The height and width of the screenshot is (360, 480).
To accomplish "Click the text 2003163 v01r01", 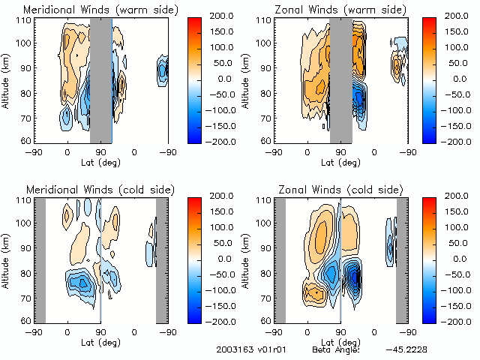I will tap(247, 349).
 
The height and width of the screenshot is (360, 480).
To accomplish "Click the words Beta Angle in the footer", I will tap(335, 349).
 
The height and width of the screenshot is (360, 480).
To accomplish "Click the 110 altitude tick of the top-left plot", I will tap(24, 20).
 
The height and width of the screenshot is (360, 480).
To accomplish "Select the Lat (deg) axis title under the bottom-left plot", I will tap(100, 341).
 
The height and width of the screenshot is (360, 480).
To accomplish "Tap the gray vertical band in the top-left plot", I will tap(100, 79).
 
